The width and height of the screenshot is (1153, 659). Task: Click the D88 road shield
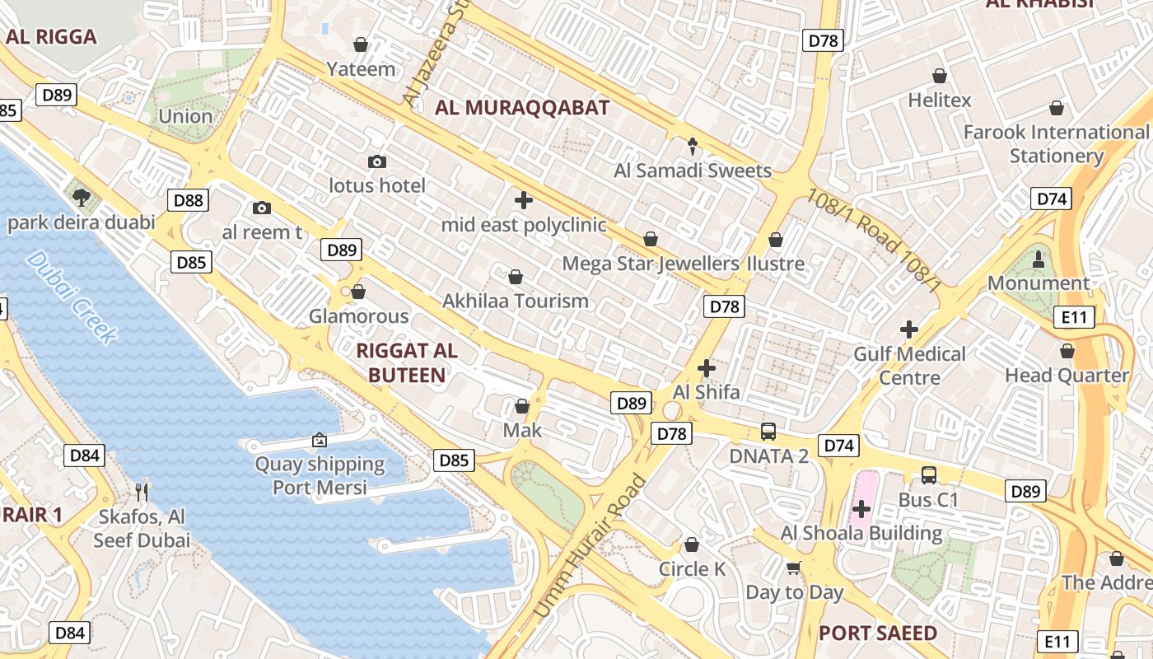click(189, 200)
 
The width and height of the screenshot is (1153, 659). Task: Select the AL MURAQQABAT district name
click(522, 107)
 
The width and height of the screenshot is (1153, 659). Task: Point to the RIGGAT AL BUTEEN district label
click(407, 362)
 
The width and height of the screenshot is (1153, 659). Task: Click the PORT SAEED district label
click(878, 633)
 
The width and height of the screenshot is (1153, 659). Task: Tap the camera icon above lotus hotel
click(377, 161)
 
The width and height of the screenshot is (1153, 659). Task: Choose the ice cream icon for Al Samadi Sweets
click(693, 147)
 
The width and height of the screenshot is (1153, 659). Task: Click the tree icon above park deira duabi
click(81, 197)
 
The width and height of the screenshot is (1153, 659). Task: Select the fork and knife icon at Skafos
click(142, 492)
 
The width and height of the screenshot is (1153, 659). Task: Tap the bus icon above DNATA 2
click(768, 431)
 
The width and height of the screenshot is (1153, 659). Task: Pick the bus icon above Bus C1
click(929, 475)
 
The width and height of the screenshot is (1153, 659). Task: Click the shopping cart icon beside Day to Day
click(794, 568)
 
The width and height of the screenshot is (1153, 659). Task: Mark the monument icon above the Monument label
click(1039, 259)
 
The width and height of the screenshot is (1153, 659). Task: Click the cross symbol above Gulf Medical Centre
click(909, 329)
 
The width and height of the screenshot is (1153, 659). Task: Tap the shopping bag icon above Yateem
click(361, 44)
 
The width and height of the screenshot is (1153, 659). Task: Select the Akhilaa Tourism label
click(516, 301)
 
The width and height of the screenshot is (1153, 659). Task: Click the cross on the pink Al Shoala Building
click(861, 509)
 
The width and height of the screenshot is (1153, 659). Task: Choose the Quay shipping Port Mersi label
click(320, 475)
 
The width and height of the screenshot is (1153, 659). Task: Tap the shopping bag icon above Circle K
click(692, 544)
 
